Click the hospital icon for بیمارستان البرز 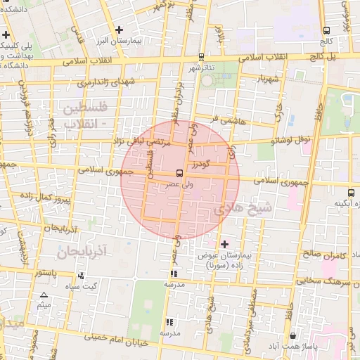point(120,30)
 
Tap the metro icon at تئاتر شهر point(202,57)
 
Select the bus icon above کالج point(326,30)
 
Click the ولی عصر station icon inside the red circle point(180,172)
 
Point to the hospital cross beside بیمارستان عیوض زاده point(224,244)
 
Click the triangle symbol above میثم point(44,295)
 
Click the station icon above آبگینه point(350,193)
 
